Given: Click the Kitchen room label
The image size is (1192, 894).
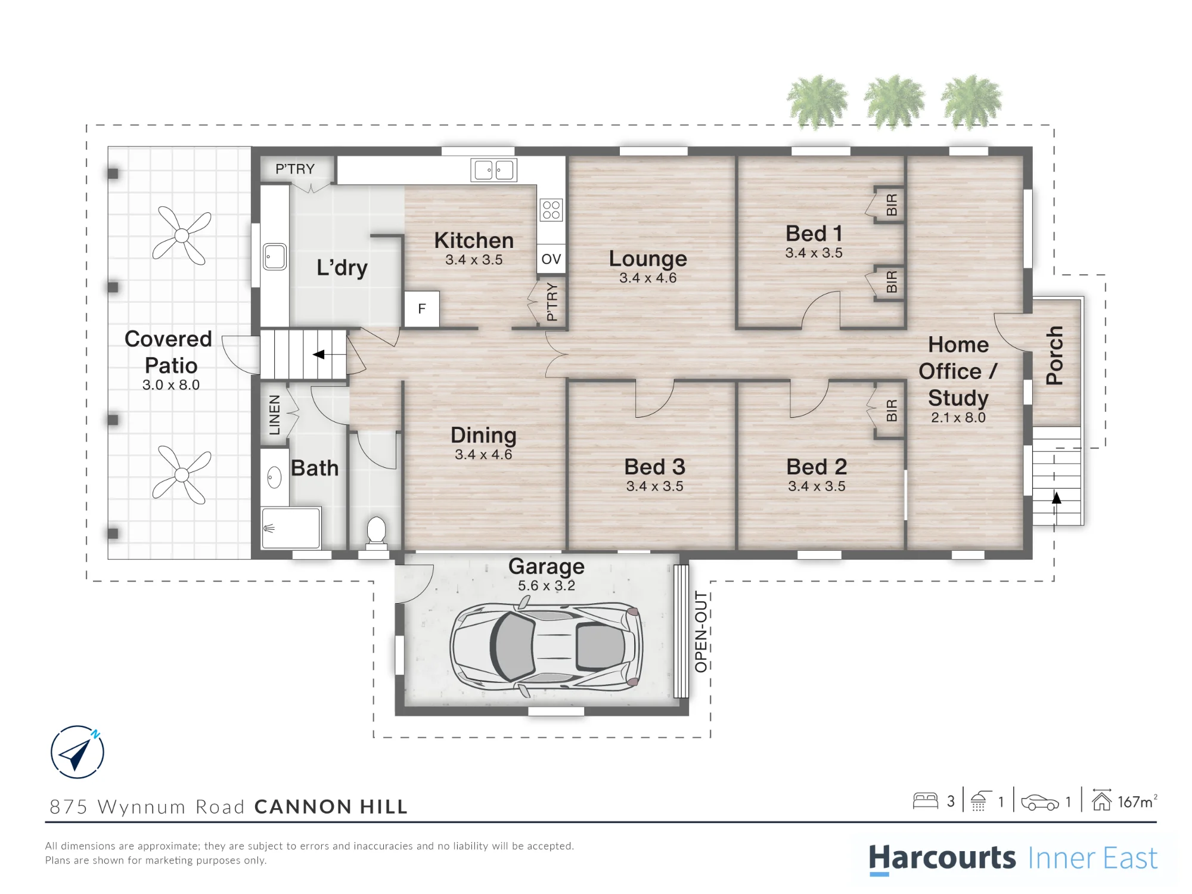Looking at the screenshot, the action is pyautogui.click(x=474, y=240).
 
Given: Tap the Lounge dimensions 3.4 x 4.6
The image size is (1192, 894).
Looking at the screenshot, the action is pyautogui.click(x=648, y=278).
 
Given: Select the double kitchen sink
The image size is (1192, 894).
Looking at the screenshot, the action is pyautogui.click(x=493, y=170).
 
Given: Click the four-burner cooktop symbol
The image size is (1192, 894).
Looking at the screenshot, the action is pyautogui.click(x=551, y=210).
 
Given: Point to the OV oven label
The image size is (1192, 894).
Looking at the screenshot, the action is pyautogui.click(x=551, y=259).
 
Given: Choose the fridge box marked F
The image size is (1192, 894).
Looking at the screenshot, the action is pyautogui.click(x=422, y=309).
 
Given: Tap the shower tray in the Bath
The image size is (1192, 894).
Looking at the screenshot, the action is pyautogui.click(x=291, y=527).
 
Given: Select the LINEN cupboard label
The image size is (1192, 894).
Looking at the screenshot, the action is pyautogui.click(x=274, y=415).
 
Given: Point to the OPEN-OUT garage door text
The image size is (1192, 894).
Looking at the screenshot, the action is pyautogui.click(x=701, y=632).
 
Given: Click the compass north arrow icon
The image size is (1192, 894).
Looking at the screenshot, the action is pyautogui.click(x=77, y=752).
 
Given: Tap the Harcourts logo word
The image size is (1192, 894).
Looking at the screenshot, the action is pyautogui.click(x=942, y=859).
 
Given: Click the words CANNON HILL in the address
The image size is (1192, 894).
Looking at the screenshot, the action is pyautogui.click(x=331, y=806).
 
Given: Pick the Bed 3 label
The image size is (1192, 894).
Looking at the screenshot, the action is pyautogui.click(x=654, y=467).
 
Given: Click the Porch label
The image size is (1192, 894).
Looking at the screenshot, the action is pyautogui.click(x=1054, y=355).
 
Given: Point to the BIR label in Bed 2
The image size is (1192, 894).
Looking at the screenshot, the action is pyautogui.click(x=892, y=411).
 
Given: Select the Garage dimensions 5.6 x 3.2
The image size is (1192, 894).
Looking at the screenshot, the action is pyautogui.click(x=547, y=586).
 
